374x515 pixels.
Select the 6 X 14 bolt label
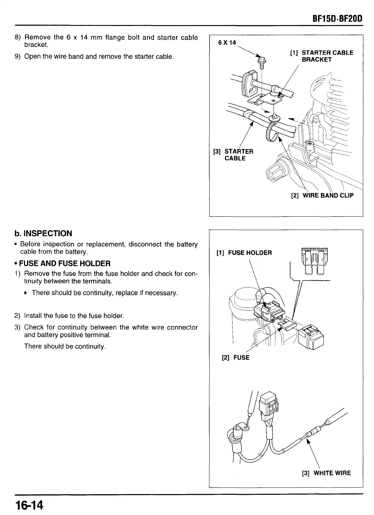(x=227, y=43)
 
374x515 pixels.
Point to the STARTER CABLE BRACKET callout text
(x=322, y=56)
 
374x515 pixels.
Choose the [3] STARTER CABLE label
(x=234, y=155)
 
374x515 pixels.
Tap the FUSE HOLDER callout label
(x=245, y=253)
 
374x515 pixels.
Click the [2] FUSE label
(x=236, y=358)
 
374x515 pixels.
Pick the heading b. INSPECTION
(x=43, y=234)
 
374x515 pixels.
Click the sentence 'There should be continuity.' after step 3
(x=65, y=346)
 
